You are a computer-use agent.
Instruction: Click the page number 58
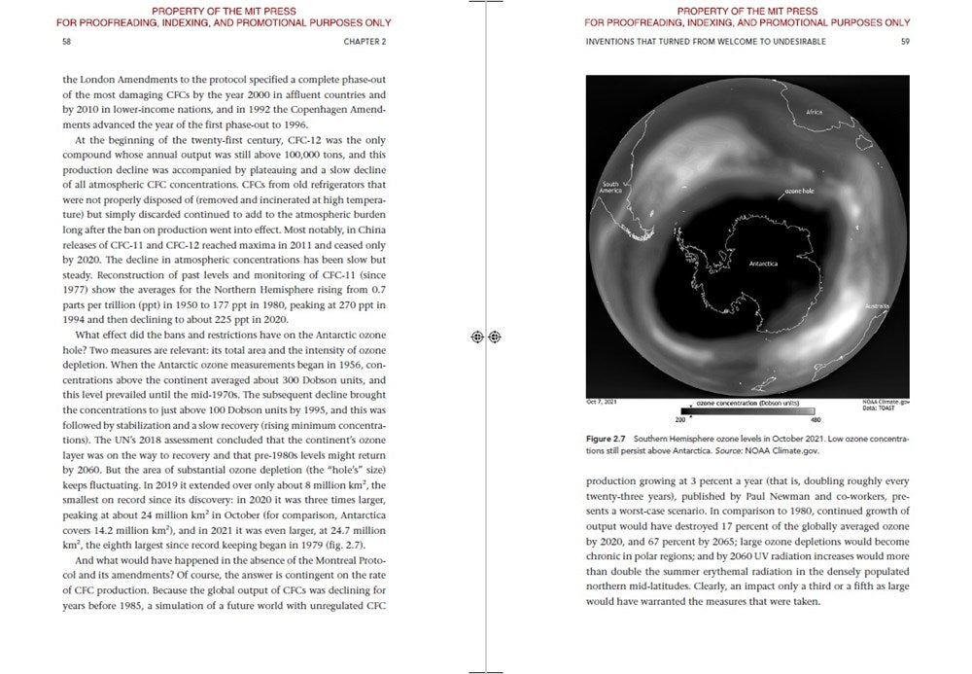pyautogui.click(x=66, y=43)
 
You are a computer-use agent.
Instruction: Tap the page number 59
pyautogui.click(x=905, y=43)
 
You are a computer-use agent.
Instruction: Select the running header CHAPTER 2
pyautogui.click(x=364, y=43)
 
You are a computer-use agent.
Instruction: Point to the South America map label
pyautogui.click(x=610, y=188)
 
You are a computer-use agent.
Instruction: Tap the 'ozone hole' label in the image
pyautogui.click(x=799, y=191)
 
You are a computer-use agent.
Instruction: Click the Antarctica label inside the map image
pyautogui.click(x=763, y=264)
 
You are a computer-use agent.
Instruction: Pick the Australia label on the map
pyautogui.click(x=876, y=307)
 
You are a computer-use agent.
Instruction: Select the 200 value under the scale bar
pyautogui.click(x=680, y=419)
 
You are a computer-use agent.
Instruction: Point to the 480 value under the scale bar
pyautogui.click(x=815, y=419)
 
